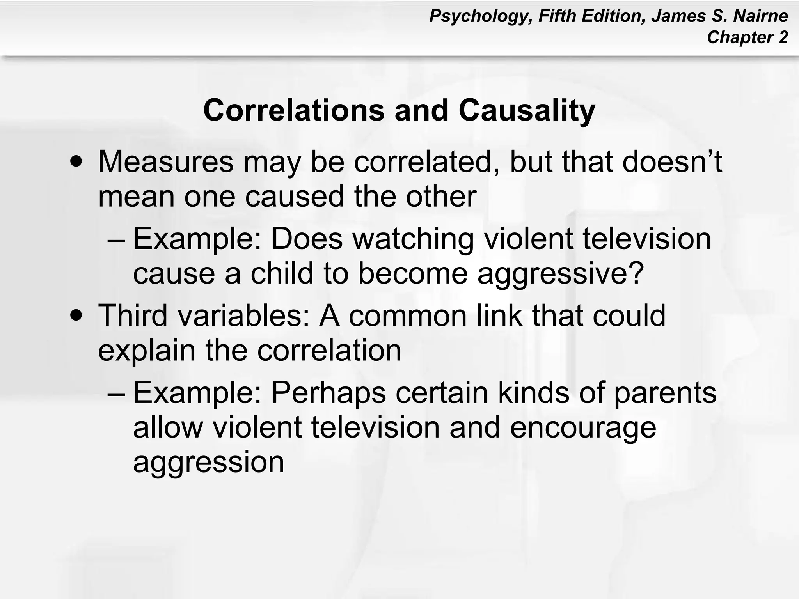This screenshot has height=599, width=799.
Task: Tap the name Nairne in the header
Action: click(x=760, y=16)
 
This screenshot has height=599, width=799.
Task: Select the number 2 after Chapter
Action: click(x=783, y=38)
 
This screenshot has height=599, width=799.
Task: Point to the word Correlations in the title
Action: click(x=294, y=111)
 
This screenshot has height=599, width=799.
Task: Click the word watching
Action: click(x=413, y=239)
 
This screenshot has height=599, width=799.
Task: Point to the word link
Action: click(x=499, y=315)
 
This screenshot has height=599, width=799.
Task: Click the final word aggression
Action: click(x=209, y=462)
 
